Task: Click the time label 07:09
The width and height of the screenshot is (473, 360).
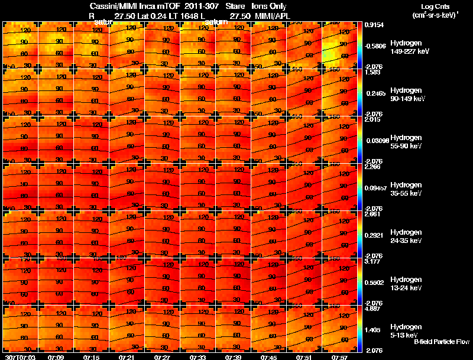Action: (56, 357)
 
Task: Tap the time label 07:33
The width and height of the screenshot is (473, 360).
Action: (198, 357)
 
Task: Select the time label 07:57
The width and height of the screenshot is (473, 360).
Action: (339, 357)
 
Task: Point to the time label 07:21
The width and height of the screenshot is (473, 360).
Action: (127, 357)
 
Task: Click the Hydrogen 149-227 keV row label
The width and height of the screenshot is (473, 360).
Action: (406, 47)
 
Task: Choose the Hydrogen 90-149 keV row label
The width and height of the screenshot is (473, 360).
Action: (406, 95)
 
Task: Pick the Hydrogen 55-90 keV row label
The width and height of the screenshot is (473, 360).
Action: (406, 141)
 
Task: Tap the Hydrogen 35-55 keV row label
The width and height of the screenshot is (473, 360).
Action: (406, 189)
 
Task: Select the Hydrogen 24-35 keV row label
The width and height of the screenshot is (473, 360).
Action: (406, 236)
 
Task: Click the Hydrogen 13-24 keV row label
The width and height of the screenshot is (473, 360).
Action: (406, 283)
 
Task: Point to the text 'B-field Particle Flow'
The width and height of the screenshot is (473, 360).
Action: (441, 342)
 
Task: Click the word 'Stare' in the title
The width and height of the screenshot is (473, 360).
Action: (235, 7)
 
